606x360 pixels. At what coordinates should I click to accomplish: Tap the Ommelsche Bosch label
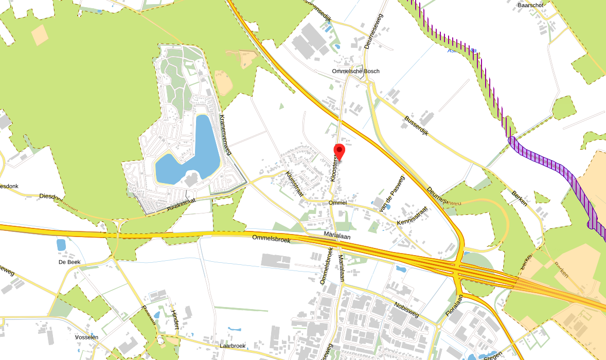pos(355,71)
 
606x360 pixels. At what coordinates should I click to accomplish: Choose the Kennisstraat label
pos(413,217)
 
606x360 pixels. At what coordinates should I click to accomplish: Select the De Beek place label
pos(70,262)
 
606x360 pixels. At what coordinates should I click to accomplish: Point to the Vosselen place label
pos(86,337)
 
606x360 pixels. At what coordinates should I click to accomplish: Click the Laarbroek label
pos(233,346)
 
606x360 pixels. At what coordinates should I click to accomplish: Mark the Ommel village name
pos(337,203)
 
